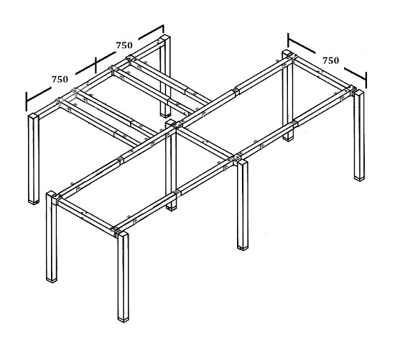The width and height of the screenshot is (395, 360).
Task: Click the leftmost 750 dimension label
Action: click(x=60, y=78)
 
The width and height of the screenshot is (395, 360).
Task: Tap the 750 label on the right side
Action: click(x=330, y=61)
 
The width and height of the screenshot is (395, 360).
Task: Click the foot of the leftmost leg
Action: click(x=34, y=200)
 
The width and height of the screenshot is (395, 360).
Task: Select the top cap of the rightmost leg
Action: click(x=358, y=93)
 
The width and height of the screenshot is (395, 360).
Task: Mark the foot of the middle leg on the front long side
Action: click(x=242, y=245)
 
